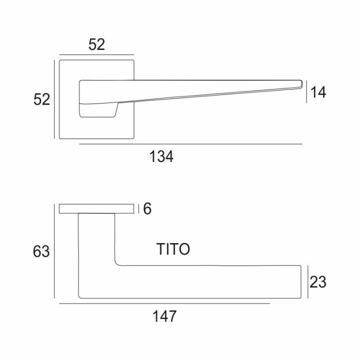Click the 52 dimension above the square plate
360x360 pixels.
[96, 44]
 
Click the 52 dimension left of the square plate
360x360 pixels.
[41, 99]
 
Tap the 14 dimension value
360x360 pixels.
[318, 92]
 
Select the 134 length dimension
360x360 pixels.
[161, 156]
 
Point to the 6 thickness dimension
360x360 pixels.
[147, 208]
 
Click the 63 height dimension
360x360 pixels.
[41, 251]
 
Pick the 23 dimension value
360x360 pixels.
[318, 282]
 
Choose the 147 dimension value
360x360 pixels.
[164, 316]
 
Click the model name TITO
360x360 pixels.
[173, 249]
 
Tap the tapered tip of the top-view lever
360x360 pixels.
[301, 83]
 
